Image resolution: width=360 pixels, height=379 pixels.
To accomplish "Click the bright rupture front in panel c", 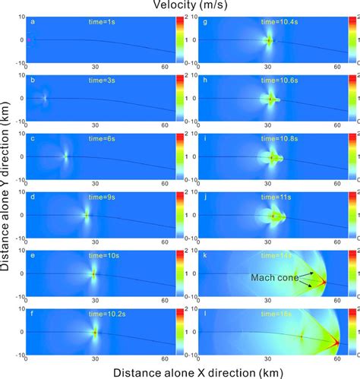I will pyautogui.click(x=66, y=156).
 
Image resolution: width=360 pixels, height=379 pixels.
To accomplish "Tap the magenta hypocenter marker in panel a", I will pyautogui.click(x=29, y=39).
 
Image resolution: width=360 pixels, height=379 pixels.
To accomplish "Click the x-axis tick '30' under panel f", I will pyautogui.click(x=94, y=356).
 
